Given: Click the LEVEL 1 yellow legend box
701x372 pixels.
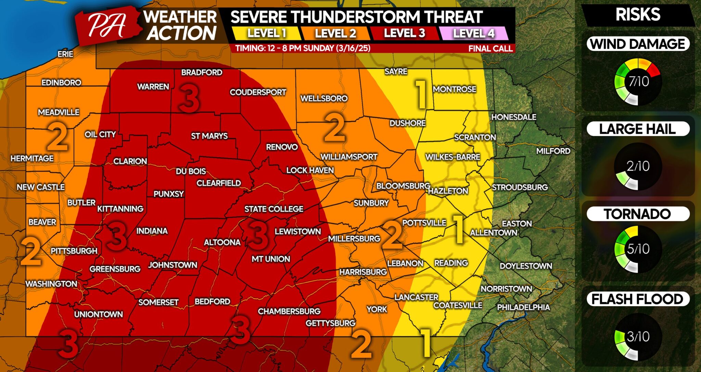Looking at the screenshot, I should pos(266,33).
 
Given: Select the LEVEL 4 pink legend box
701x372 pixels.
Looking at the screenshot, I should pos(473,33).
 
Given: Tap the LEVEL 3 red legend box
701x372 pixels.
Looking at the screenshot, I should pos(404,33).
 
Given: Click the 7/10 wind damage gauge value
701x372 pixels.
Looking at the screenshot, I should pos(638,82).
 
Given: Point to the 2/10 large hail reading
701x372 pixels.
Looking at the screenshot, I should pos(638,166).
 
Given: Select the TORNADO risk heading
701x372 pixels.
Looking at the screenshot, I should pos(637,214).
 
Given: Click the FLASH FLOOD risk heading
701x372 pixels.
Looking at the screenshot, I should pos(637,299).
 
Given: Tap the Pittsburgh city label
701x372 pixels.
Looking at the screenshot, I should pos(74,251).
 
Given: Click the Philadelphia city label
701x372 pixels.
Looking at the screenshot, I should pos(523,307).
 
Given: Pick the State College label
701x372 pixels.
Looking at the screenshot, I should pos(273,209).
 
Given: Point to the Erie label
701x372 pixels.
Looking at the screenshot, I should pos(65,54).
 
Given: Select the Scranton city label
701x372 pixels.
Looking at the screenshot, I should pos(475,137).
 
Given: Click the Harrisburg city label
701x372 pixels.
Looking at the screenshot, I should pos(363,272).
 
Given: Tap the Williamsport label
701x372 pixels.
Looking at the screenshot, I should pos(348,157).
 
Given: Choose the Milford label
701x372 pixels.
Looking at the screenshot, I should pos(553,151).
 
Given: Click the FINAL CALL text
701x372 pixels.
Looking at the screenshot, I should pos(490,49).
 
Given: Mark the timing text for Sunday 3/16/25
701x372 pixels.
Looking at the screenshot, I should pos(303,48).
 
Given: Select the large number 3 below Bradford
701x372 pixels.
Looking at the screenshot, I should pos(189,98).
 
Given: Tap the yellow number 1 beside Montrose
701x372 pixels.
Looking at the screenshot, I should pos(421,94).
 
